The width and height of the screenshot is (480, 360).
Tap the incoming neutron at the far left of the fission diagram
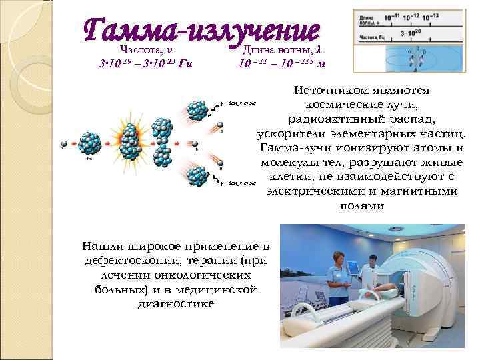pyautogui.click(x=64, y=143)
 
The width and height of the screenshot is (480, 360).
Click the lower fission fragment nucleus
pyautogui.click(x=198, y=175)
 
